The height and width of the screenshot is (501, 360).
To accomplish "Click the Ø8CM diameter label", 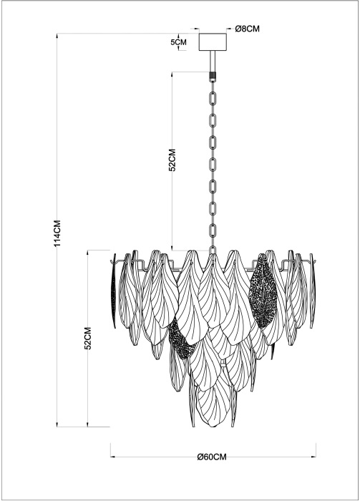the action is (247, 29).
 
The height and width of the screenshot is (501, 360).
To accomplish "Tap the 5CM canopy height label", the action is (178, 42).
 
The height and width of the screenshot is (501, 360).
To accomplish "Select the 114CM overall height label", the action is (57, 233).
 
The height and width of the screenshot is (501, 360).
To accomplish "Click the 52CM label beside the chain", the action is (172, 160).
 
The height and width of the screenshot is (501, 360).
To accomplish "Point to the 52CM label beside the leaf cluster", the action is (88, 338).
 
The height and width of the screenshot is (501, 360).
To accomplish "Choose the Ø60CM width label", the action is (212, 457).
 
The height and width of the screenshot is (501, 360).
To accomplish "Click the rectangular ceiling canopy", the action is (213, 42).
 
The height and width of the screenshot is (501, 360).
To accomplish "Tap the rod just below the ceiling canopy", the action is (213, 62).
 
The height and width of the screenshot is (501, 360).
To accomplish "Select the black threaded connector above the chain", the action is (213, 76).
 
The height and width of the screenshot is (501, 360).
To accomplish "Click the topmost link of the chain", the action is (213, 97).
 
